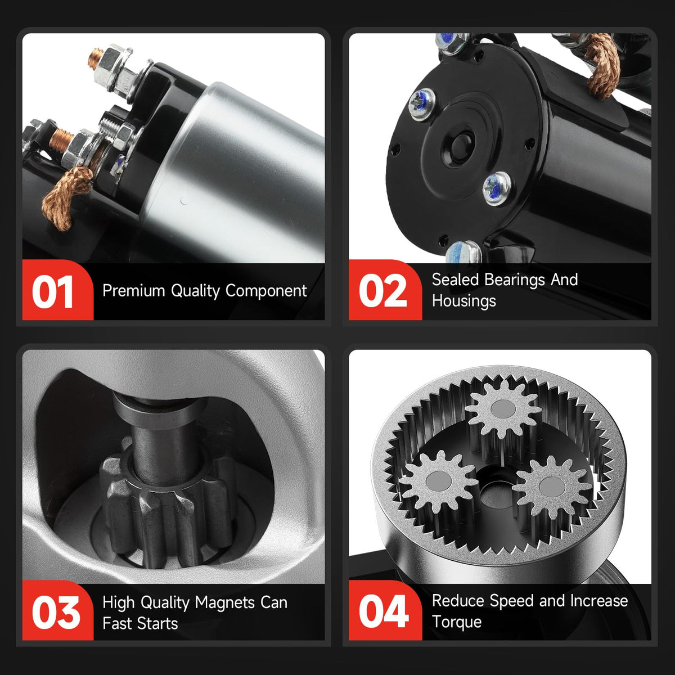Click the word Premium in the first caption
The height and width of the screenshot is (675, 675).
[x=133, y=291]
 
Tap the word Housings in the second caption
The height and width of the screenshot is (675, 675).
[x=463, y=301]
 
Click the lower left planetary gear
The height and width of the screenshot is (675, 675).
[x=439, y=481]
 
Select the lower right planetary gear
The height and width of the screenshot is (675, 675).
[x=552, y=487]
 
